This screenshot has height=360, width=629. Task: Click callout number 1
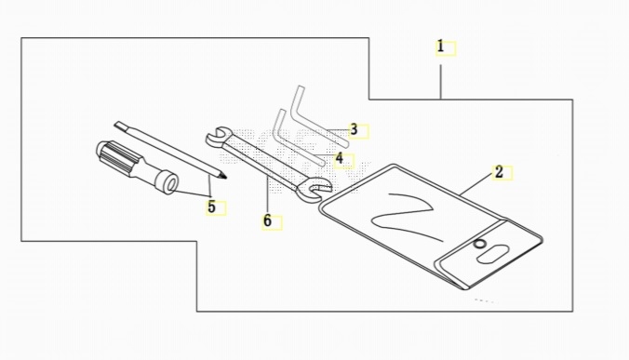440,47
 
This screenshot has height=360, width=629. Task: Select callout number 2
499,172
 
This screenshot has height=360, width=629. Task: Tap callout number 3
354,129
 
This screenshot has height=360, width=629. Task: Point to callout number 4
340,158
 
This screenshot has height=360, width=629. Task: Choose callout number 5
211,207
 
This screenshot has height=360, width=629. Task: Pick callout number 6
267,220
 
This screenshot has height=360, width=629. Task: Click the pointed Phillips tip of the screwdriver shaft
223,176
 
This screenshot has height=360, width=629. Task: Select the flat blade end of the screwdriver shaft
119,126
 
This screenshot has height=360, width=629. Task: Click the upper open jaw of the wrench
218,137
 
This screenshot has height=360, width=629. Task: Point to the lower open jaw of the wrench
314,189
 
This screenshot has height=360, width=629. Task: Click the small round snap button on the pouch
478,244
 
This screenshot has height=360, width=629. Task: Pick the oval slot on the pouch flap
493,255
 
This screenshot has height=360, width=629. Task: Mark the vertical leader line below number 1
441,82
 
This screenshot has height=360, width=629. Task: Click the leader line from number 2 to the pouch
476,185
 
